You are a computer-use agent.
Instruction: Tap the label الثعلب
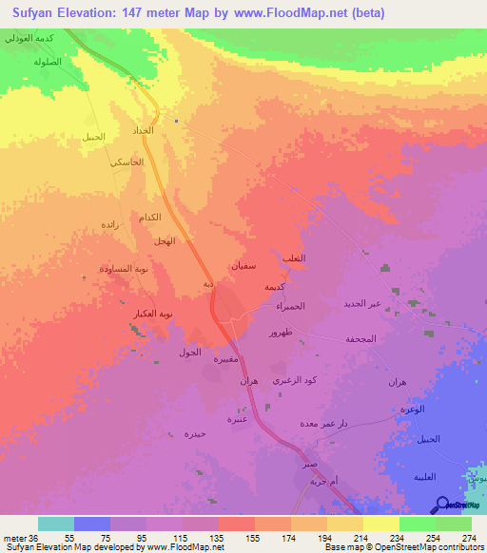click(282, 258)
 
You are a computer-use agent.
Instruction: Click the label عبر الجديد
click(361, 304)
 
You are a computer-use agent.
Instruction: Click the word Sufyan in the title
click(32, 13)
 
